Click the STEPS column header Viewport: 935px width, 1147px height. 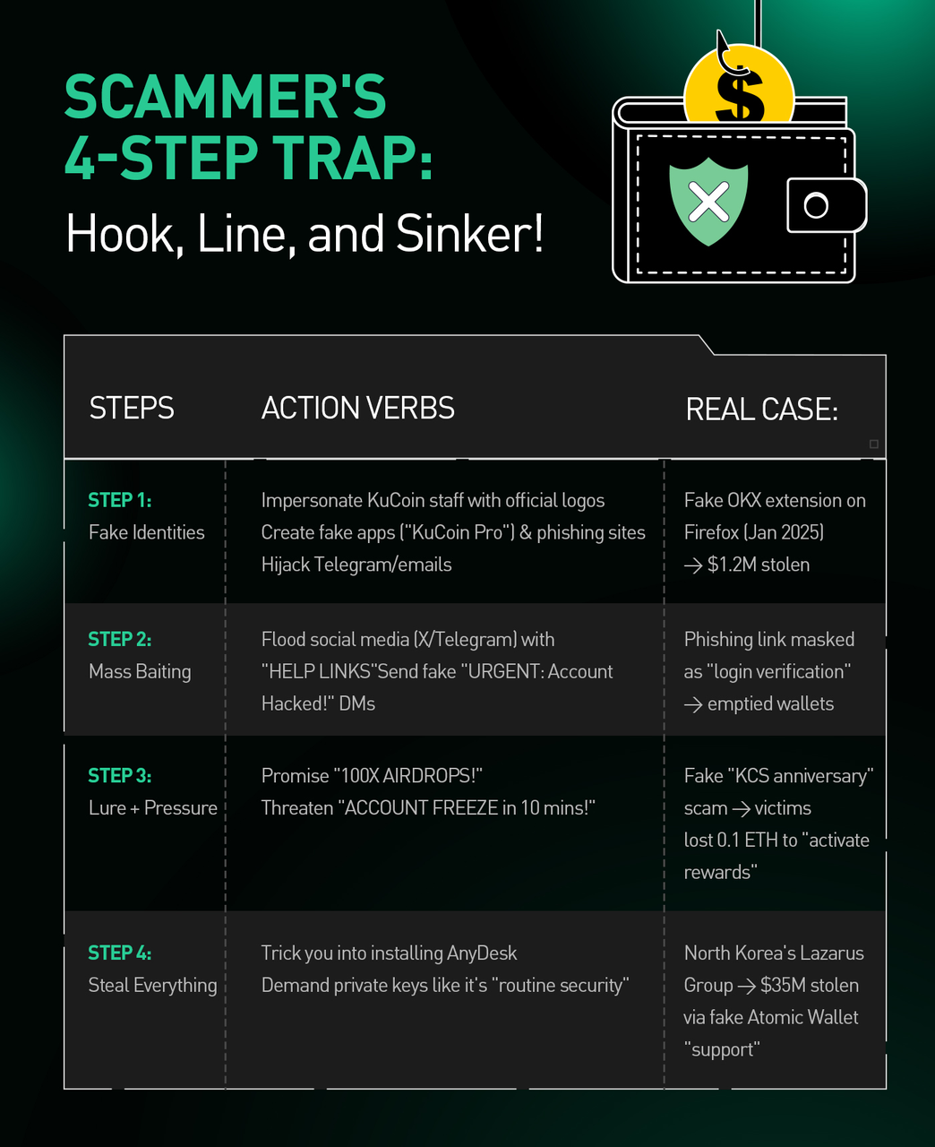pyautogui.click(x=132, y=408)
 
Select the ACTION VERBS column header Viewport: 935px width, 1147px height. pyautogui.click(x=357, y=408)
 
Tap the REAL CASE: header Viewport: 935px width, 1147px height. pyautogui.click(x=761, y=409)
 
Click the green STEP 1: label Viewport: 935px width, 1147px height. pyautogui.click(x=120, y=500)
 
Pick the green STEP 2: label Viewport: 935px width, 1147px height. pyautogui.click(x=120, y=640)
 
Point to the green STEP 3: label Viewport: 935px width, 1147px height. pyautogui.click(x=120, y=776)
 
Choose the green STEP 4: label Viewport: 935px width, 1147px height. pyautogui.click(x=120, y=953)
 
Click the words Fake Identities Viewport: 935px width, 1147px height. pyautogui.click(x=147, y=532)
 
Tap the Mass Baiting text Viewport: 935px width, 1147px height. pyautogui.click(x=140, y=672)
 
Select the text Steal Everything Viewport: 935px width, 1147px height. pyautogui.click(x=153, y=986)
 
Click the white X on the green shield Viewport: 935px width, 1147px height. pyautogui.click(x=708, y=202)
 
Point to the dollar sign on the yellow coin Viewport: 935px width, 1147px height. pyautogui.click(x=740, y=93)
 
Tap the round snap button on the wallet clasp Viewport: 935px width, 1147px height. pyautogui.click(x=816, y=205)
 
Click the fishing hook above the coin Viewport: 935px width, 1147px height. pyautogui.click(x=727, y=55)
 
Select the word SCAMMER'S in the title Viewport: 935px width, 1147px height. pyautogui.click(x=225, y=97)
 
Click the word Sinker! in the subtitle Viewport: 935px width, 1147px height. pyautogui.click(x=469, y=234)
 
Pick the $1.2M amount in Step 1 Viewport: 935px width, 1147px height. pyautogui.click(x=732, y=565)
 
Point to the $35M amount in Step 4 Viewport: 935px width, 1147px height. pyautogui.click(x=784, y=986)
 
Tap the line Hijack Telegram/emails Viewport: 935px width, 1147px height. pyautogui.click(x=356, y=565)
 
